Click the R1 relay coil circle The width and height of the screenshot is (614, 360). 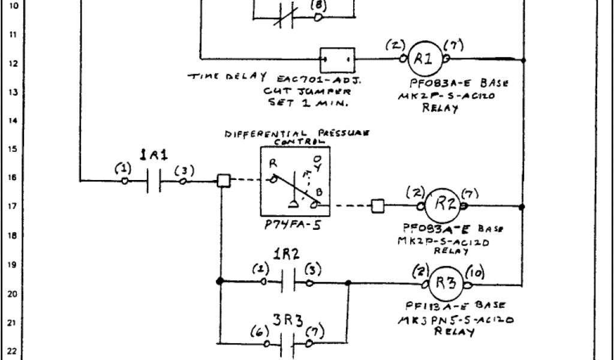[x=423, y=58]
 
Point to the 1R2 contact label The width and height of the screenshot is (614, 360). [x=286, y=253]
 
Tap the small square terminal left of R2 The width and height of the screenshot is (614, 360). [x=378, y=206]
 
